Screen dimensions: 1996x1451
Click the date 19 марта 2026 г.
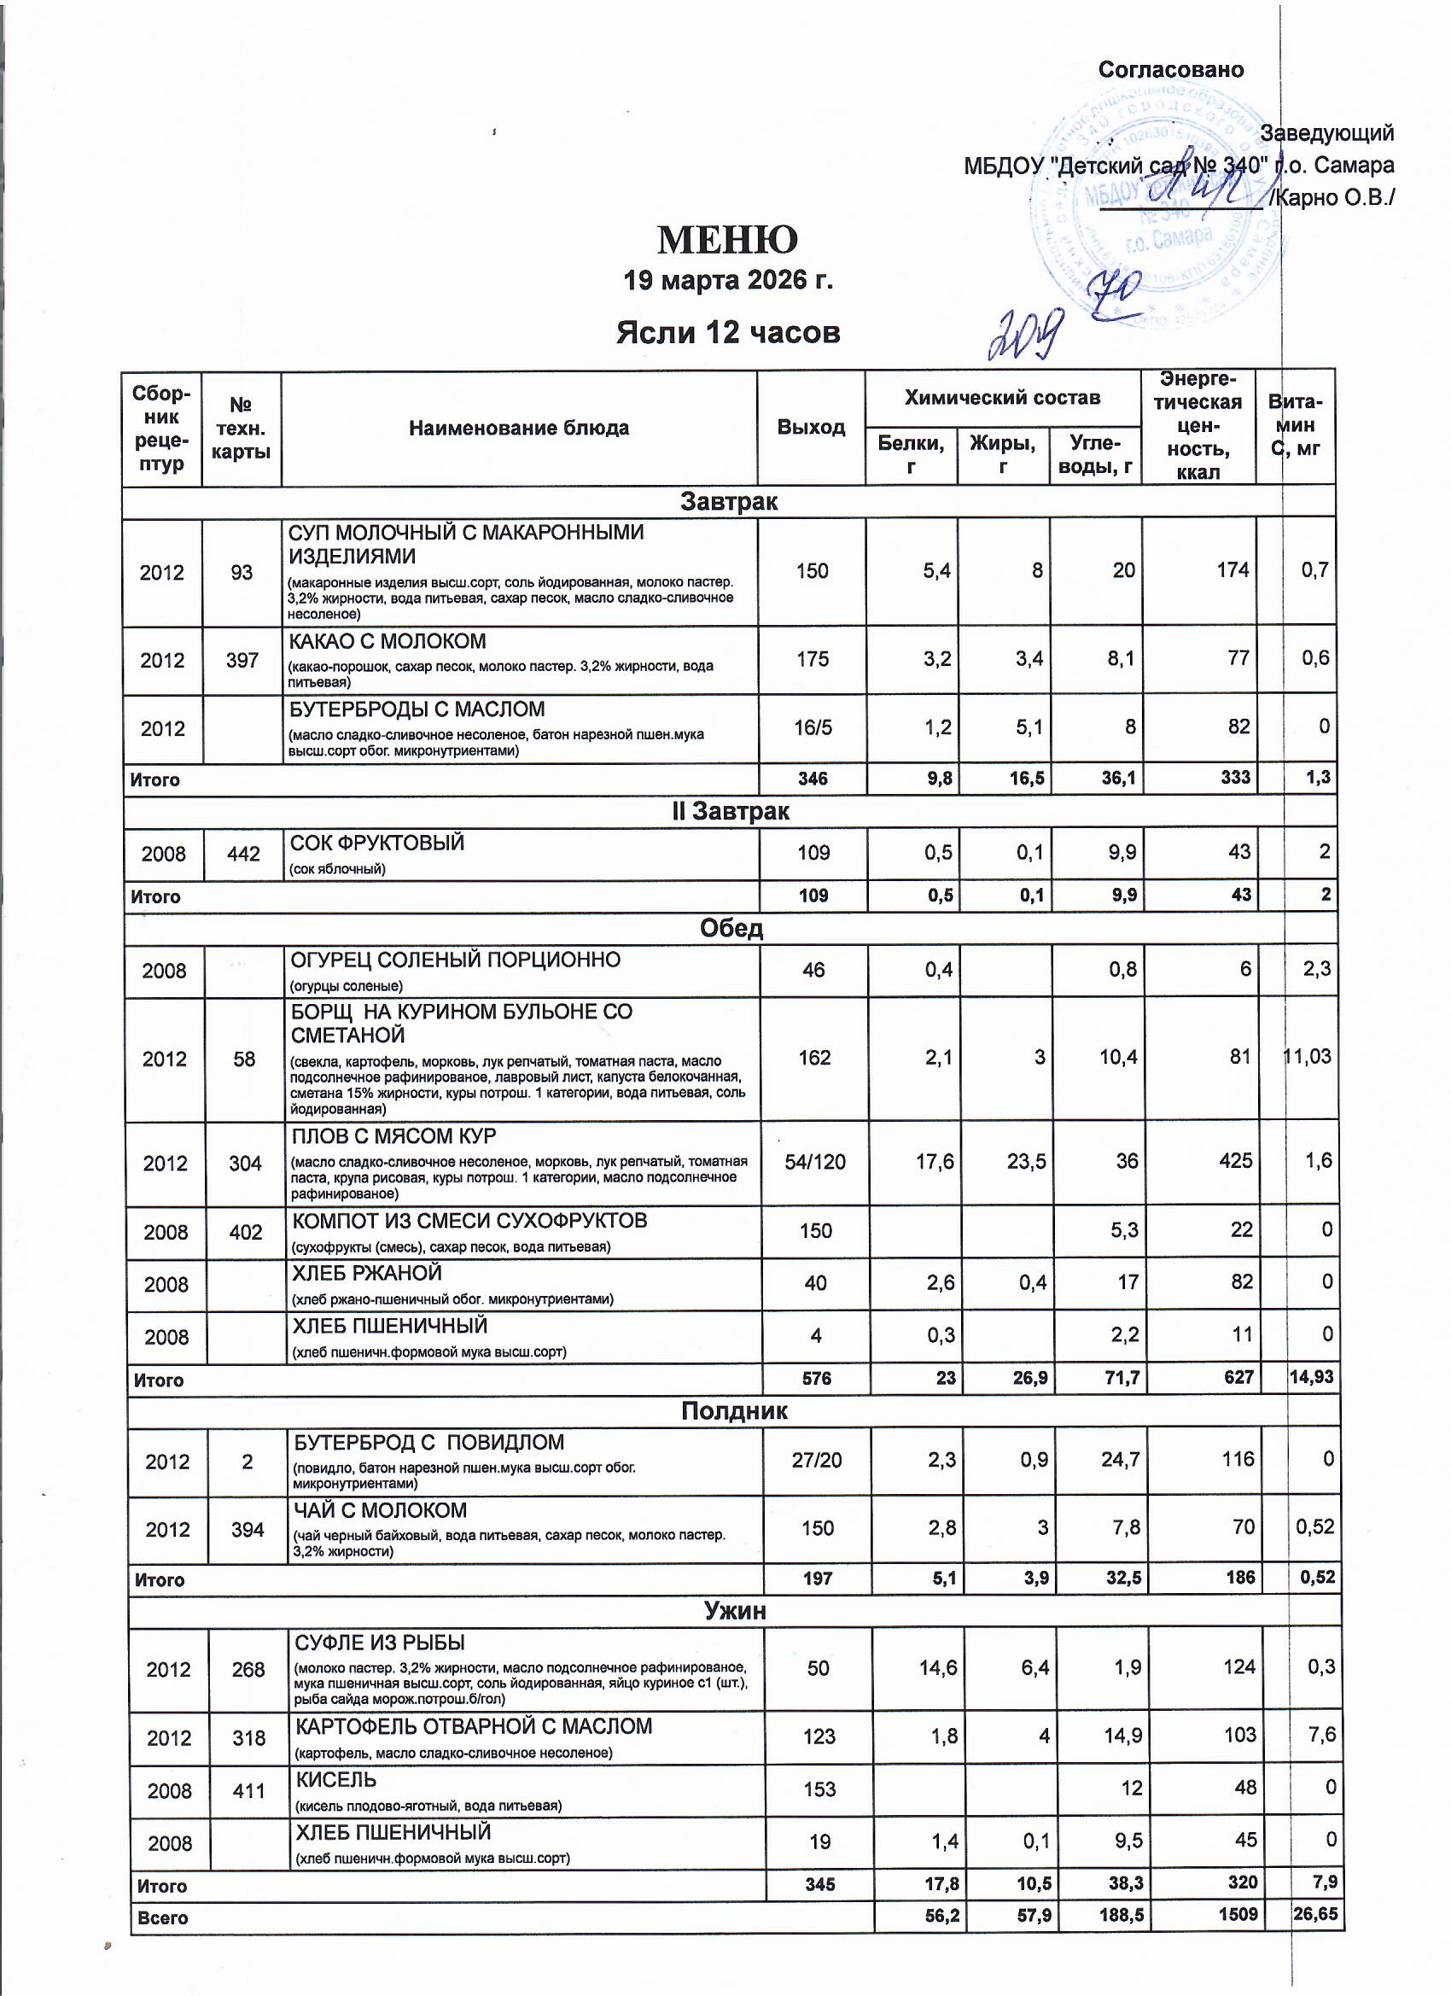728,281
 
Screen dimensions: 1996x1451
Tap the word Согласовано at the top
1170,70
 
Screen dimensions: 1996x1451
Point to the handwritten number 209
1024,335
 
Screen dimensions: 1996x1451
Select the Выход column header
810,428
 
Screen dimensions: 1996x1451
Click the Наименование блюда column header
518,429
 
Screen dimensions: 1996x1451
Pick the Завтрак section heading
729,502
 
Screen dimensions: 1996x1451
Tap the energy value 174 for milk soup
1232,570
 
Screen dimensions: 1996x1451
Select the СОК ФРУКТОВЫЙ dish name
376,843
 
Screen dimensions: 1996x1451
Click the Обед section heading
731,930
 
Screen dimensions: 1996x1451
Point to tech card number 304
245,1164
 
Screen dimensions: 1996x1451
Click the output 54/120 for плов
815,1162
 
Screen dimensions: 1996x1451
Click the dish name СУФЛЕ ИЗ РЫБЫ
379,1643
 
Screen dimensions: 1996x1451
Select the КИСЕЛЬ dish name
336,1780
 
